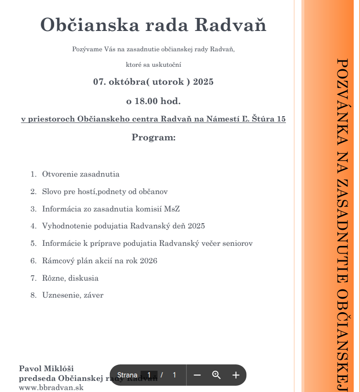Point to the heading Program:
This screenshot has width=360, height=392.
click(x=153, y=137)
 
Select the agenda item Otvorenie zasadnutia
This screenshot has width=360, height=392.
click(x=81, y=174)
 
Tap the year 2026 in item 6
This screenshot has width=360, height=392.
click(x=149, y=261)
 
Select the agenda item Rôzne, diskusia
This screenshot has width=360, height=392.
click(x=70, y=278)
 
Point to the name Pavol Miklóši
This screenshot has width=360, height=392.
click(x=46, y=369)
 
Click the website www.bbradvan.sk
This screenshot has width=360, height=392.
click(x=51, y=388)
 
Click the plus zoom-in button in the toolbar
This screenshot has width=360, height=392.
click(x=236, y=375)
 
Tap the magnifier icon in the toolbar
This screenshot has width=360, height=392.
click(x=216, y=375)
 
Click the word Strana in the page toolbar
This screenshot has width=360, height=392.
click(x=127, y=375)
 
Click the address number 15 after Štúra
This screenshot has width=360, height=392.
click(x=281, y=119)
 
